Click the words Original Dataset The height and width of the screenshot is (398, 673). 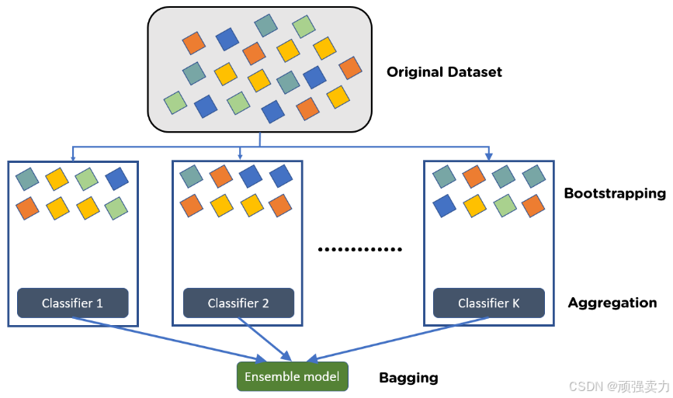[x=444, y=72]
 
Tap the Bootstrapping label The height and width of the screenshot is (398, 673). [x=615, y=193]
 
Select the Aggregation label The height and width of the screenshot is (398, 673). [x=612, y=303]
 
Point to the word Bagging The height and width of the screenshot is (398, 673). [x=408, y=378]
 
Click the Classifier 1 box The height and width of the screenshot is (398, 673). [x=72, y=303]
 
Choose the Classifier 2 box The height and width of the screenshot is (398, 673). [x=238, y=303]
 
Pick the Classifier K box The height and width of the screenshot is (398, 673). [x=489, y=303]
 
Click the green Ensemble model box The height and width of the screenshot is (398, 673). [x=292, y=377]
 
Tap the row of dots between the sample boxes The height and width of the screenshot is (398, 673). [x=362, y=250]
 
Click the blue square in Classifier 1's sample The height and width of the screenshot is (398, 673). [x=116, y=179]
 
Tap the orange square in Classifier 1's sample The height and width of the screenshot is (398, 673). [x=28, y=207]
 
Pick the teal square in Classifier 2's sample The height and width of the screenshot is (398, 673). [x=191, y=177]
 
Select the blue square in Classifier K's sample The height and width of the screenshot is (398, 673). [x=444, y=206]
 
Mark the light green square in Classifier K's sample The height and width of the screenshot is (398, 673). [x=505, y=206]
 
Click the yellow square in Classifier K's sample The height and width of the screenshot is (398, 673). [x=474, y=206]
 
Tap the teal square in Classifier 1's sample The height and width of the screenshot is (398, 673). [x=27, y=179]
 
